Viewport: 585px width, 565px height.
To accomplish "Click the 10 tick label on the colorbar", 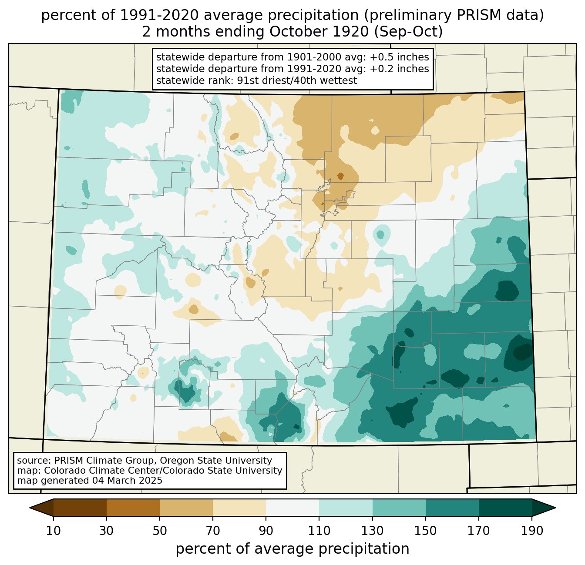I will point(54,531).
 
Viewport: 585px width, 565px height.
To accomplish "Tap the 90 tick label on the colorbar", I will point(266,531).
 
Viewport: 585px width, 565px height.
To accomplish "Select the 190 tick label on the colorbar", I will point(531,531).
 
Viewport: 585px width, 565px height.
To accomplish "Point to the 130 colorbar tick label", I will point(372,531).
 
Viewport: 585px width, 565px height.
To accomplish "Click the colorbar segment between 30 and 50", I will point(133,508).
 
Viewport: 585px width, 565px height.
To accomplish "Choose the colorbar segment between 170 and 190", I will point(505,508).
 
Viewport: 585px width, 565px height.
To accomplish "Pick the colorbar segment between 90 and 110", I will point(292,508).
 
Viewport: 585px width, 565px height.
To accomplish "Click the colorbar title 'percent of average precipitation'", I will point(292,549).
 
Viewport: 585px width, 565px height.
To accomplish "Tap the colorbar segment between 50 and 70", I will point(186,508).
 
